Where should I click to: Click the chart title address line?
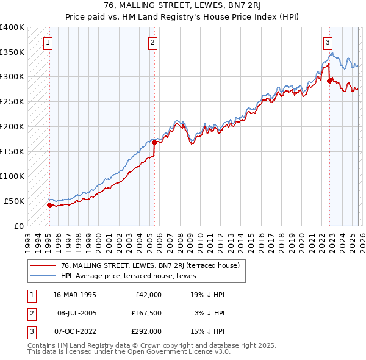[182, 5]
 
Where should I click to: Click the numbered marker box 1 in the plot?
[48, 43]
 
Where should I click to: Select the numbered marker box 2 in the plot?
[152, 43]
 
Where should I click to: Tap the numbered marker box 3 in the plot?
[328, 43]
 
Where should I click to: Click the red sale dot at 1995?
[49, 205]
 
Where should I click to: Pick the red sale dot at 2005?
[154, 143]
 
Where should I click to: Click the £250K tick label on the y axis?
[12, 102]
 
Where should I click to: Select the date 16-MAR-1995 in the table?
[74, 295]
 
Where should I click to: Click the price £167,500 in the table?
[146, 313]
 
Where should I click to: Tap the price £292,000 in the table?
[146, 331]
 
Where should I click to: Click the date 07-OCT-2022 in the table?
[74, 331]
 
